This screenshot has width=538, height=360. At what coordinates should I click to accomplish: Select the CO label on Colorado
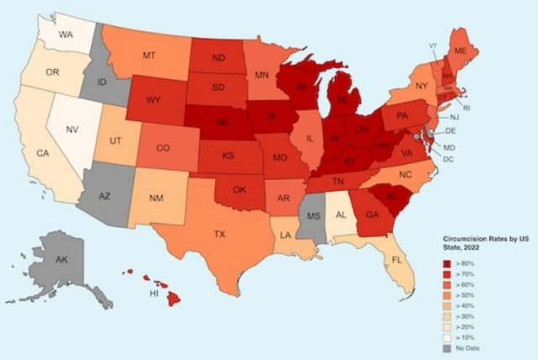click(x=164, y=148)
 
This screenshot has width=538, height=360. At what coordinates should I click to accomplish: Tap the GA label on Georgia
click(x=372, y=214)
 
